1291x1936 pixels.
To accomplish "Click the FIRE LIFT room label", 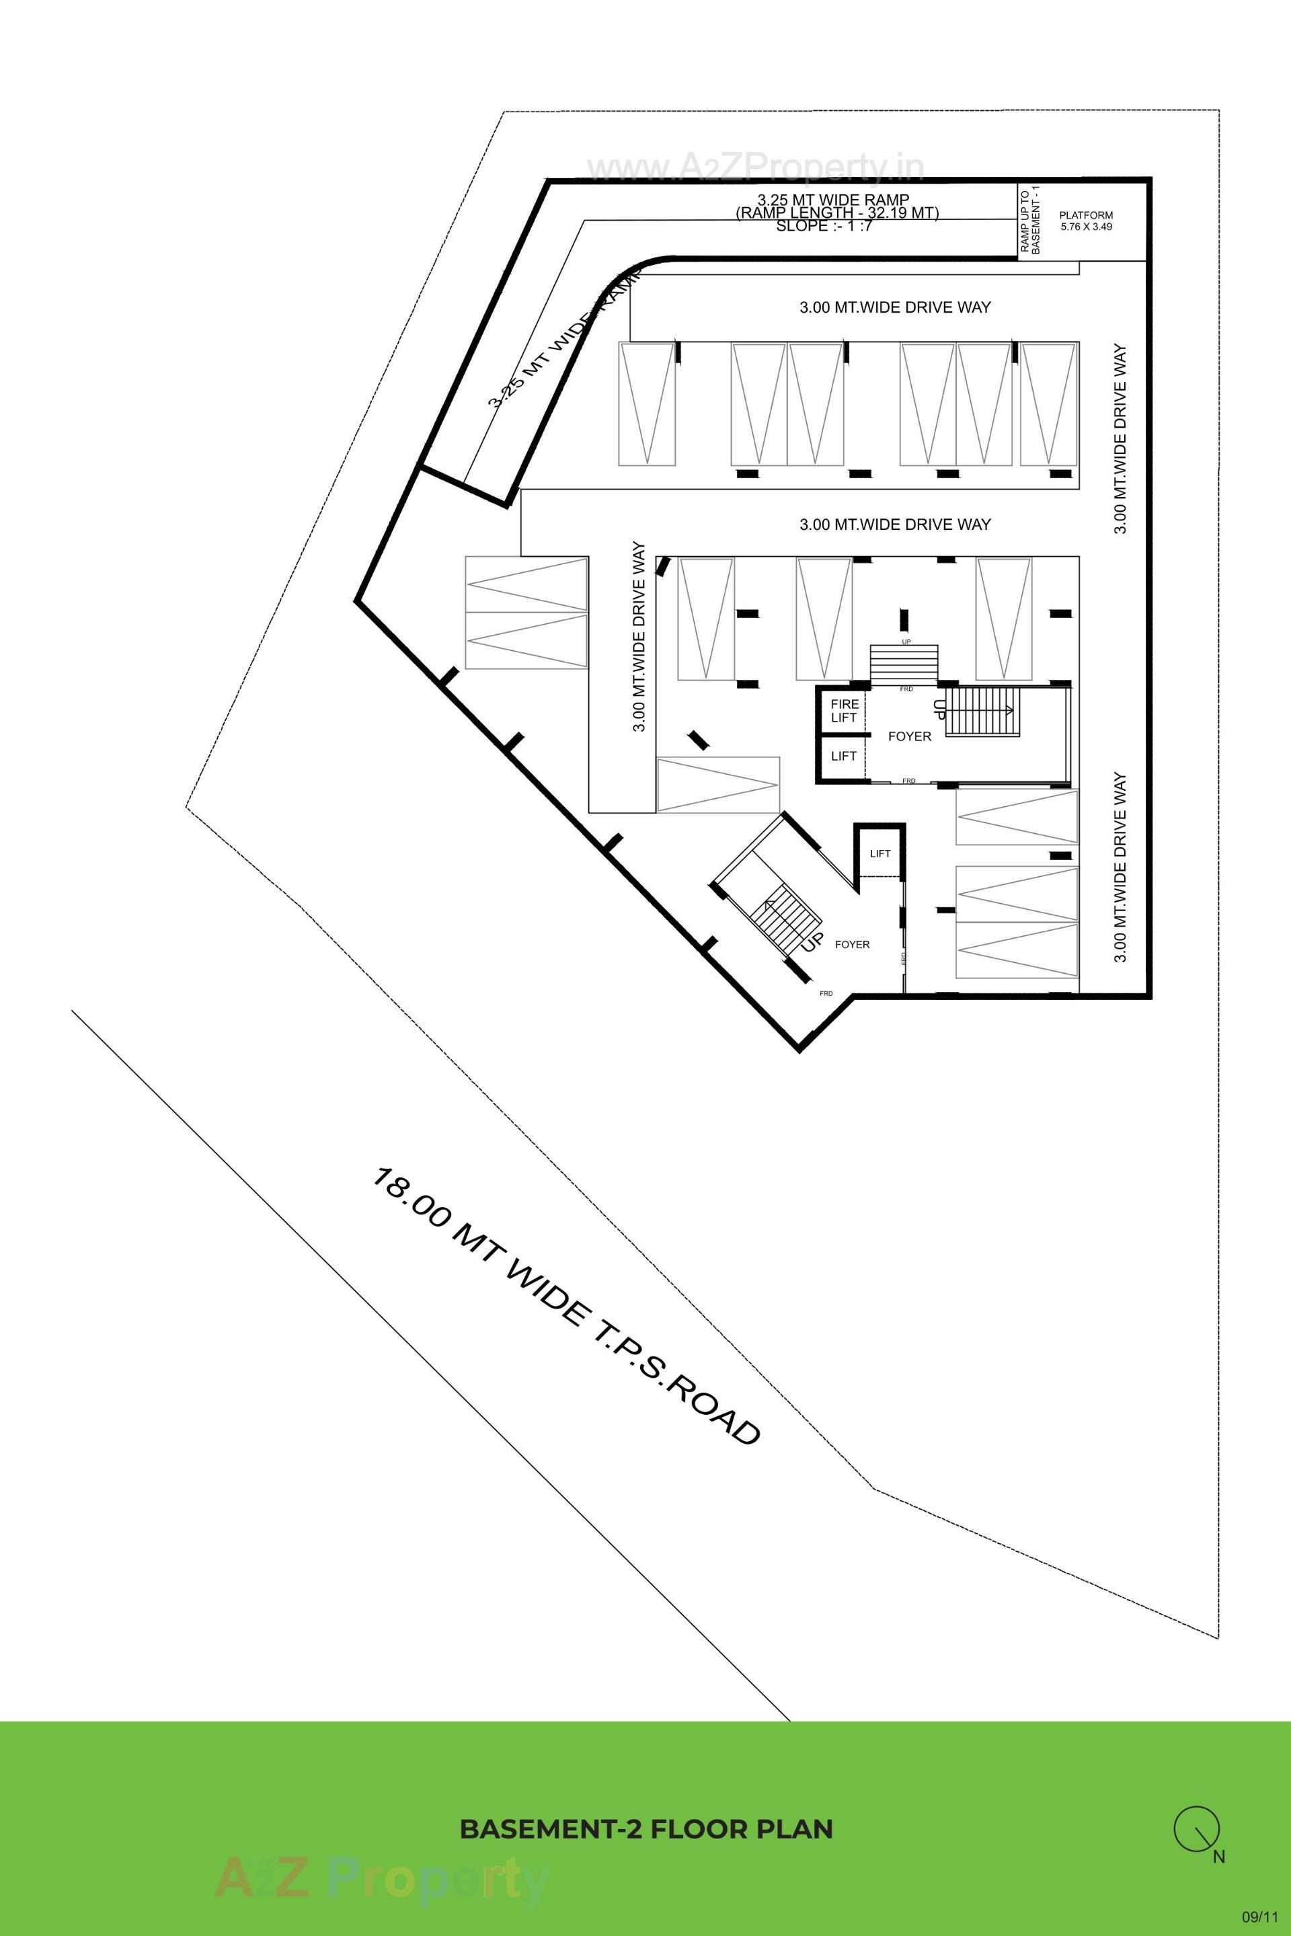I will click(x=843, y=711).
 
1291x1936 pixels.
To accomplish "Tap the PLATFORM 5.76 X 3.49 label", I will click(x=1085, y=221).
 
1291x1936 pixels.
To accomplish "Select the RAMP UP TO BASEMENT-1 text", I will click(x=1030, y=221).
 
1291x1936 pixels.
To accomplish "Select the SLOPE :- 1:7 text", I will click(x=823, y=227).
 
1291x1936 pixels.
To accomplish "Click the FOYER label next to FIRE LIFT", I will click(x=909, y=736).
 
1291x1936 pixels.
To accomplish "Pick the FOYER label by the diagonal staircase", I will click(x=851, y=945).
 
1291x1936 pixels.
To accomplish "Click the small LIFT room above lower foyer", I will click(x=879, y=853).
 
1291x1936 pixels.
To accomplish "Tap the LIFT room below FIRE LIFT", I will click(x=843, y=756).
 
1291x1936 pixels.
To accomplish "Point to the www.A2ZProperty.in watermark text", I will click(x=755, y=167).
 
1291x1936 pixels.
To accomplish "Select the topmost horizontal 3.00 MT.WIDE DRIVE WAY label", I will click(x=894, y=307).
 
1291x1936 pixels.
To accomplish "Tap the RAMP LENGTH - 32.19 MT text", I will click(x=836, y=212).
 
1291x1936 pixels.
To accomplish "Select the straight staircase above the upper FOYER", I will click(x=904, y=664).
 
